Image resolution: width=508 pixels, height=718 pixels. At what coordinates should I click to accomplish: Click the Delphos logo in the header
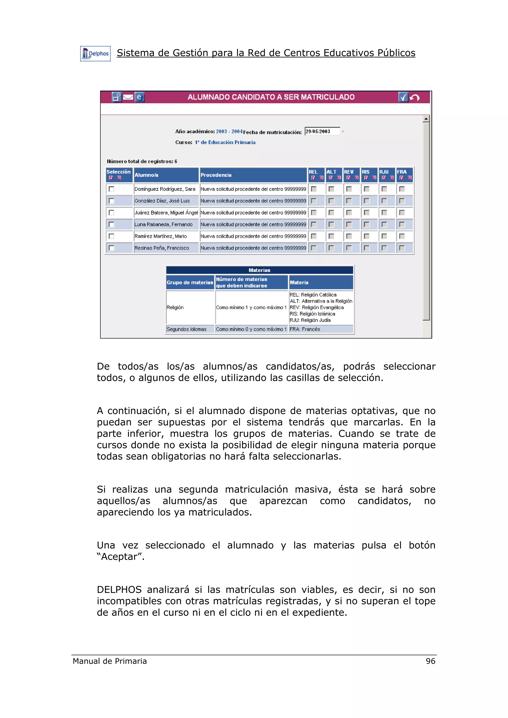(95, 54)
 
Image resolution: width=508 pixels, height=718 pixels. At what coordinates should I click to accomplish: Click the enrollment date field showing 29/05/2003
(322, 131)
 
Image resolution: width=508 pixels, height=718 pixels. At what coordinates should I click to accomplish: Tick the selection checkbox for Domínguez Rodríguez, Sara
(111, 189)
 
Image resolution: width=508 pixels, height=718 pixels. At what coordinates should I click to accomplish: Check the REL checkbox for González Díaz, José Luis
(314, 201)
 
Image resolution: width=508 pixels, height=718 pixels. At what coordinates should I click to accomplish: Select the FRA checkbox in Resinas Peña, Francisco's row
(402, 248)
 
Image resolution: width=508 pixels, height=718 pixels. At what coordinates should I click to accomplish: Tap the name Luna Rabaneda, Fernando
(163, 224)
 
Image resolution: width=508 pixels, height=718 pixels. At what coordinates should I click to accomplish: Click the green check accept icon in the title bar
(403, 97)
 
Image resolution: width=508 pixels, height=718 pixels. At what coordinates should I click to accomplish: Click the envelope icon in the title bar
(128, 97)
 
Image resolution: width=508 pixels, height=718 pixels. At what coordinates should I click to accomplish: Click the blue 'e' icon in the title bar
(139, 97)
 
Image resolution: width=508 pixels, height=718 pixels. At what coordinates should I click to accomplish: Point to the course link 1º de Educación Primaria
(225, 142)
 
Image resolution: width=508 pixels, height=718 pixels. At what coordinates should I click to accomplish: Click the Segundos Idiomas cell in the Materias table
(187, 329)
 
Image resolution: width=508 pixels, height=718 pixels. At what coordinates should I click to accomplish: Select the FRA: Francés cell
(305, 329)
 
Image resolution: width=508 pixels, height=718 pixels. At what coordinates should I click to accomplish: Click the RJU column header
(384, 172)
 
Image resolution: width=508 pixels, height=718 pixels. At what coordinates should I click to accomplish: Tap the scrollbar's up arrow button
(426, 119)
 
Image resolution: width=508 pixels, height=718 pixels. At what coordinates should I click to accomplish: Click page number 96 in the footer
(430, 661)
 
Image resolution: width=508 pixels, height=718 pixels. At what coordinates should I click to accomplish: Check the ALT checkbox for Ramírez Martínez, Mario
(331, 236)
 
